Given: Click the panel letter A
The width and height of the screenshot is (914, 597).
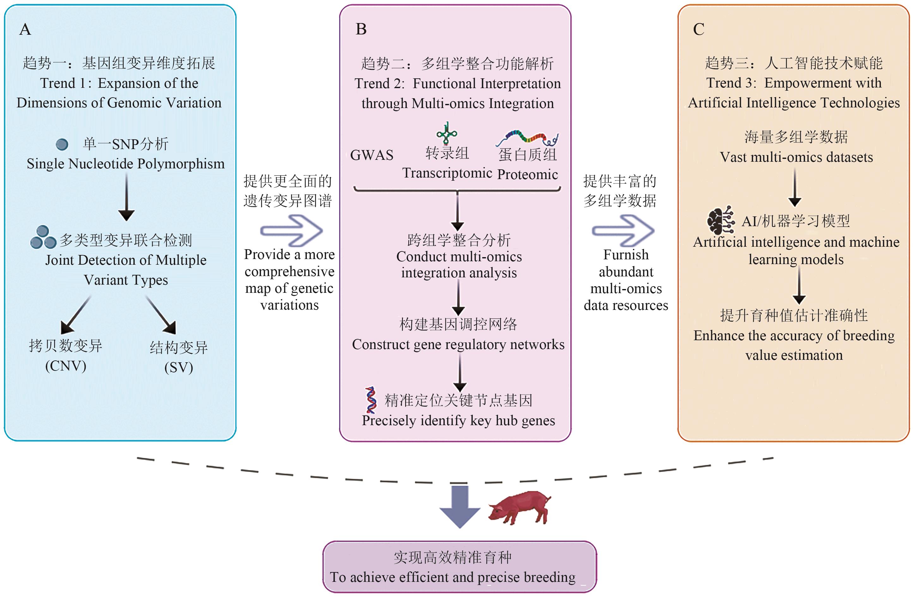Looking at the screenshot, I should pyautogui.click(x=25, y=30).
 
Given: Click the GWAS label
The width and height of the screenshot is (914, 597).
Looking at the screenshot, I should pyautogui.click(x=372, y=155).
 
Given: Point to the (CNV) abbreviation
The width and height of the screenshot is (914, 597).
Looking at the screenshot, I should pyautogui.click(x=66, y=366).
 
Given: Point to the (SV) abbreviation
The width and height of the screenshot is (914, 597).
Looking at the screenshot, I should pyautogui.click(x=179, y=368).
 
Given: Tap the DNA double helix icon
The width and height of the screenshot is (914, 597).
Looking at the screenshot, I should pyautogui.click(x=371, y=400).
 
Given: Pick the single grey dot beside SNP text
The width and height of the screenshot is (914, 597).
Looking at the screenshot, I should pyautogui.click(x=62, y=144).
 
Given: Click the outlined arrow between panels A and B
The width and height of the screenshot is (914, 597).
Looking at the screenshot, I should pyautogui.click(x=291, y=230).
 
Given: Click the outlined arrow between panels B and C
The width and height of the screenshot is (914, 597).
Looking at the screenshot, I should pyautogui.click(x=623, y=230).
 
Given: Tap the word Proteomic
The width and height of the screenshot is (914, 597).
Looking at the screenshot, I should pyautogui.click(x=527, y=174).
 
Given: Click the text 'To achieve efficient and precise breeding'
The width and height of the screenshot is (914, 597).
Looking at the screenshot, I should pyautogui.click(x=453, y=577).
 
